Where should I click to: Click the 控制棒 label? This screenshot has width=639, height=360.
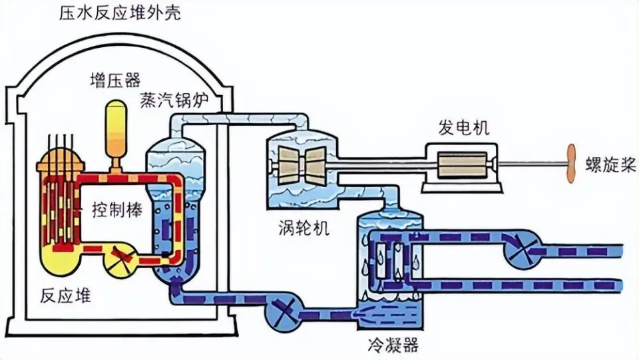pyautogui.click(x=112, y=211)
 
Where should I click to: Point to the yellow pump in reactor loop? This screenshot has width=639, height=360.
pyautogui.click(x=120, y=255)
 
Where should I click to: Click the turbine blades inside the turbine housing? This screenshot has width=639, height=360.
pyautogui.click(x=301, y=162)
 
